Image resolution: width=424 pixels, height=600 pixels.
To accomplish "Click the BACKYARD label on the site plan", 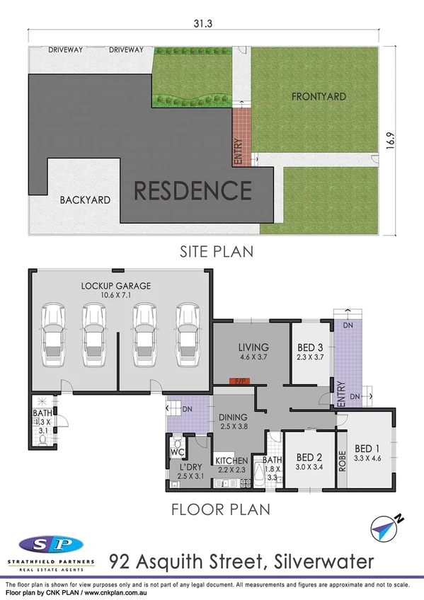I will (85, 200).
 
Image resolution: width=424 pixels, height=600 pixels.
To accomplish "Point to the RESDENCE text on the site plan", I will (193, 190).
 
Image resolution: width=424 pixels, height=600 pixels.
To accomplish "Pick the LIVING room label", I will (253, 347).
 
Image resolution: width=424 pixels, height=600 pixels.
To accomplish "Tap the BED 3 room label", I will (311, 347).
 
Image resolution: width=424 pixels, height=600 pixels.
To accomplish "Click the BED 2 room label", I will (310, 457).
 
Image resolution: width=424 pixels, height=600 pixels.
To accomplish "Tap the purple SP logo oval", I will (50, 544).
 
